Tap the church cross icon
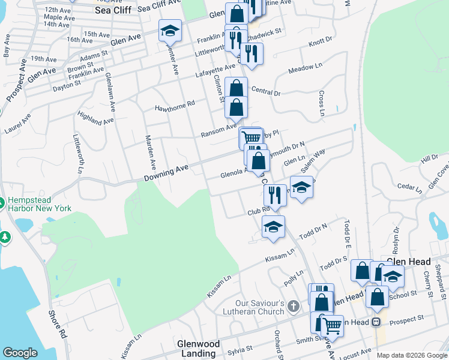click(293, 306)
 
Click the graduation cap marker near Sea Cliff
click(170, 30)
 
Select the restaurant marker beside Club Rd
click(274, 196)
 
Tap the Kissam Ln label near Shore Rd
click(129, 349)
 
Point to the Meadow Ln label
click(301, 70)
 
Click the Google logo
click(20, 353)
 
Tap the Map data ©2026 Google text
click(411, 355)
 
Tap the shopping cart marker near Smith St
click(332, 326)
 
